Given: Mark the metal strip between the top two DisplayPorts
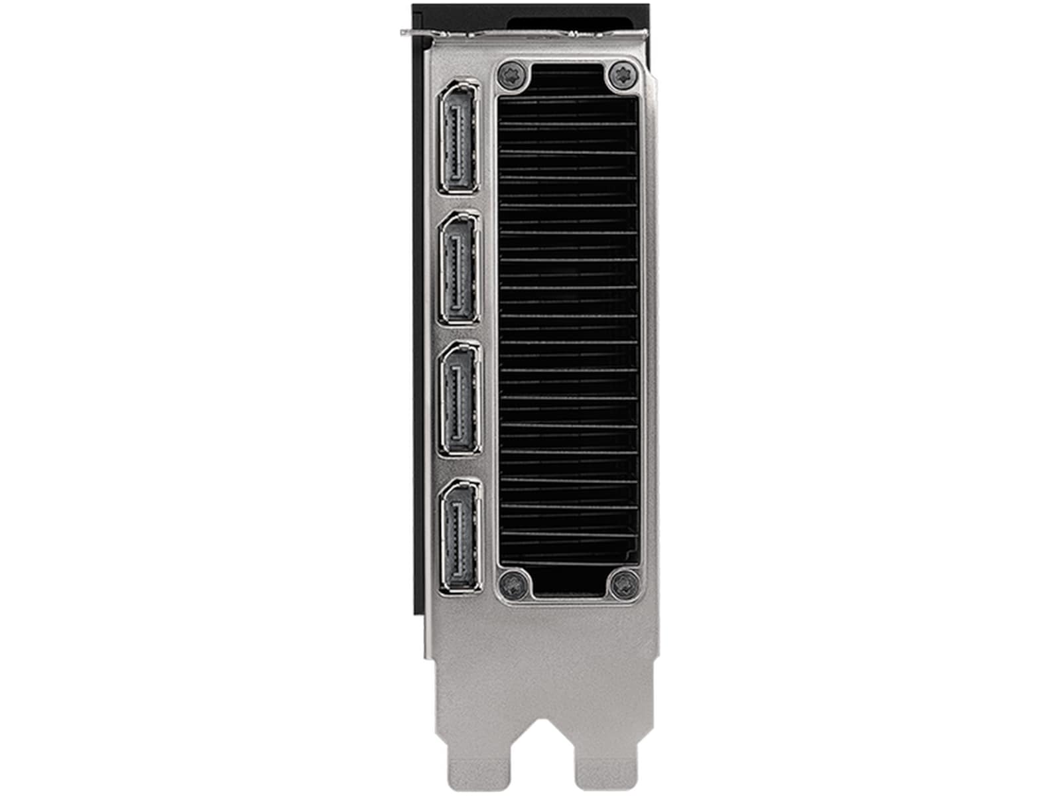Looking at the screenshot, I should pos(458,202).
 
